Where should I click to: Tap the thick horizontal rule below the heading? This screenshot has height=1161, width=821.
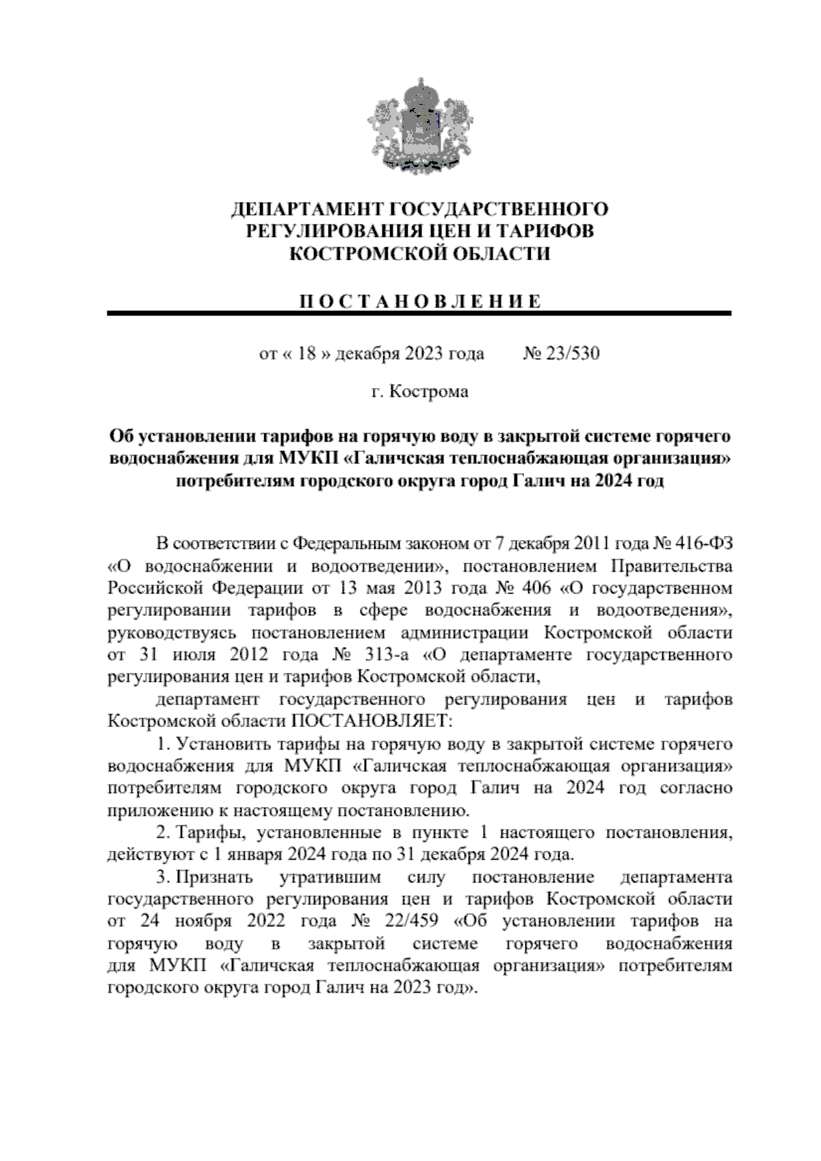419,314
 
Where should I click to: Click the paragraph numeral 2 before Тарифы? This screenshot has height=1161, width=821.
161,833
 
